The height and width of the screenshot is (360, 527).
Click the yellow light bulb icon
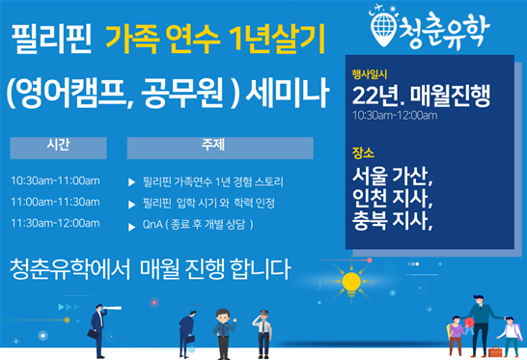[x=349, y=282]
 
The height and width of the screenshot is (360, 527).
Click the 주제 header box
[x=220, y=147]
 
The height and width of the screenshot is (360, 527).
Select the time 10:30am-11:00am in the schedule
[x=55, y=180]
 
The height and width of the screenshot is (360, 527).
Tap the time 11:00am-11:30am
[x=55, y=202]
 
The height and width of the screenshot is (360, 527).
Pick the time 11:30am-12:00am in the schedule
[x=55, y=223]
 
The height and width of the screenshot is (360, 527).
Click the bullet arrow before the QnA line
[x=132, y=225]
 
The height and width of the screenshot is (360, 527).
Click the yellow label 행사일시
[x=369, y=73]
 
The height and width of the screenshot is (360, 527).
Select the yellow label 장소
[x=364, y=153]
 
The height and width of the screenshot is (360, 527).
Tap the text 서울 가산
[x=393, y=178]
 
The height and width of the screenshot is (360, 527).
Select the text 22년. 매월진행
[x=422, y=95]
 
